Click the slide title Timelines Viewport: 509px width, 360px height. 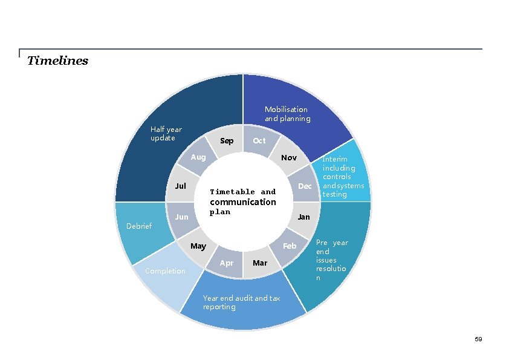pyautogui.click(x=58, y=61)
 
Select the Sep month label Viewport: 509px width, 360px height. pyautogui.click(x=227, y=141)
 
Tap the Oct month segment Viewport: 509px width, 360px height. pyautogui.click(x=259, y=141)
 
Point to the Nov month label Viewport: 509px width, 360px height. pyautogui.click(x=289, y=158)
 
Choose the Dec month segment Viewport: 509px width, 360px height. pyautogui.click(x=305, y=186)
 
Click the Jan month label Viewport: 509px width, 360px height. pyautogui.click(x=303, y=217)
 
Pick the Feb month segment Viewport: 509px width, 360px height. pyautogui.click(x=290, y=246)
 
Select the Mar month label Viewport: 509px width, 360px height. pyautogui.click(x=260, y=263)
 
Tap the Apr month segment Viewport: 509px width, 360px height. pyautogui.click(x=227, y=263)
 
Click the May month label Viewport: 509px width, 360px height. pyautogui.click(x=198, y=246)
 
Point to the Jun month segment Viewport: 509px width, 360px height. pyautogui.click(x=181, y=217)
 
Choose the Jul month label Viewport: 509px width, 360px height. pyautogui.click(x=180, y=186)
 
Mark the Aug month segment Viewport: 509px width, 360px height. pyautogui.click(x=198, y=157)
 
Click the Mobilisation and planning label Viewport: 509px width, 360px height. pyautogui.click(x=287, y=114)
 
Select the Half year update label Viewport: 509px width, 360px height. pyautogui.click(x=166, y=134)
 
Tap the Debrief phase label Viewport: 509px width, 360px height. pyautogui.click(x=138, y=226)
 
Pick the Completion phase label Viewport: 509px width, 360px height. pyautogui.click(x=165, y=271)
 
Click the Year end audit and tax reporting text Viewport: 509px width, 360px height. pyautogui.click(x=241, y=303)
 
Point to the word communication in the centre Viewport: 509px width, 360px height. pyautogui.click(x=243, y=202)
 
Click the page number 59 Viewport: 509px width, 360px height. pyautogui.click(x=478, y=339)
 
